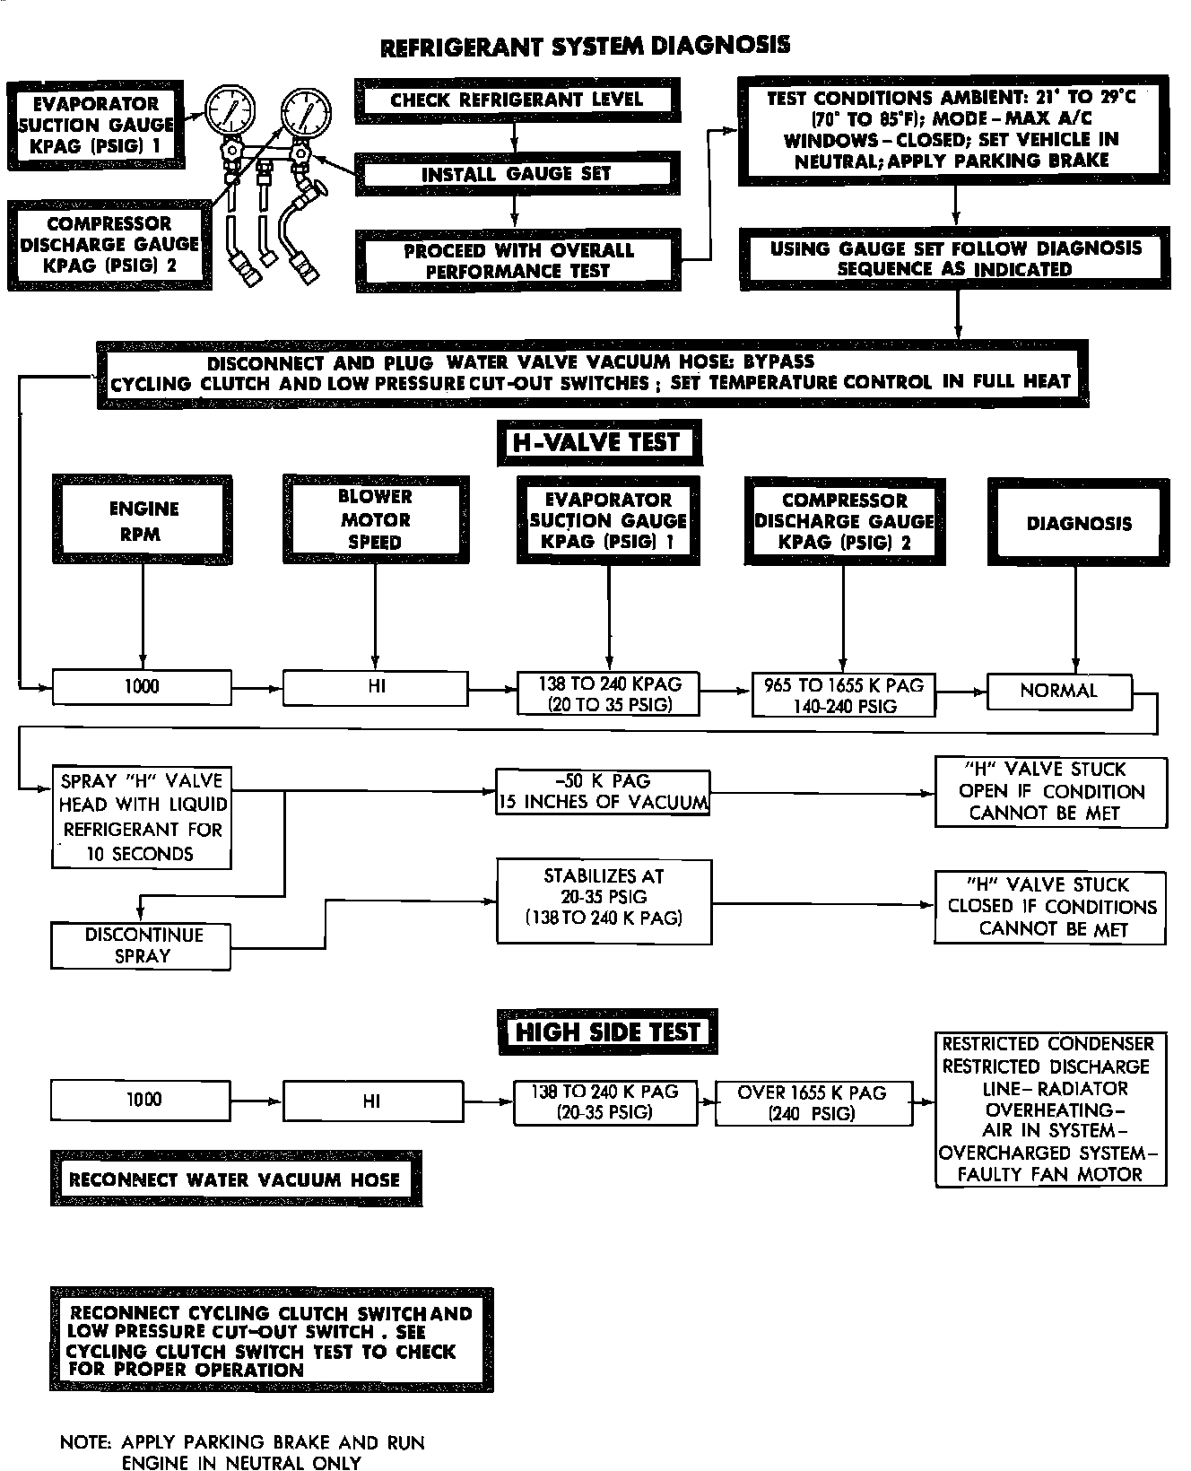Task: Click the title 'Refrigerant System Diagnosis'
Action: click(586, 47)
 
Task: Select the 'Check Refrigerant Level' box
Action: click(517, 100)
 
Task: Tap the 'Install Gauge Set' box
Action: click(517, 174)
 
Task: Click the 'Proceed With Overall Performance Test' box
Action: click(518, 261)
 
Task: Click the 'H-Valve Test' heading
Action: click(598, 442)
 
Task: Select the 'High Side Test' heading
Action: click(607, 1032)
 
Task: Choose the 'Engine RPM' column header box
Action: click(143, 521)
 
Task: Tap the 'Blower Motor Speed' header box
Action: click(375, 519)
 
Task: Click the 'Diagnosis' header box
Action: click(1079, 523)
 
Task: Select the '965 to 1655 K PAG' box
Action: click(844, 696)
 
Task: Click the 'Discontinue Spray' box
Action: click(142, 945)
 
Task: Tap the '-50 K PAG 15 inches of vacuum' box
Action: click(603, 792)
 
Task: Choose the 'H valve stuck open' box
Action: click(1051, 792)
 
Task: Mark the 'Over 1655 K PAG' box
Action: click(812, 1103)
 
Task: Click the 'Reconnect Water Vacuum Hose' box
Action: click(236, 1179)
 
